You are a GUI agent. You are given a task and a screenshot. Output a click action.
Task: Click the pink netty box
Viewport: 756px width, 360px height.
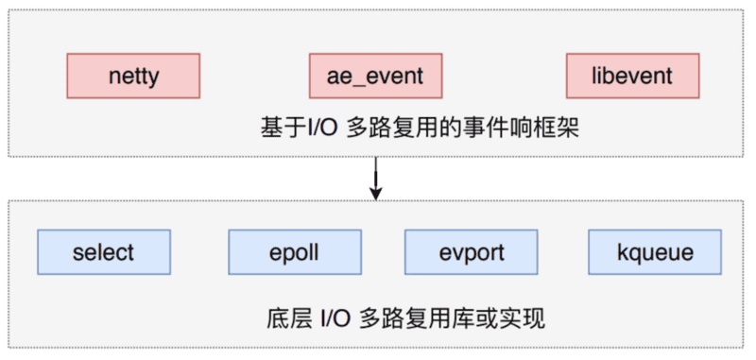pyautogui.click(x=133, y=76)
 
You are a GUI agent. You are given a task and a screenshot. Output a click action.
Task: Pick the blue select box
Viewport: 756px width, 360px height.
pyautogui.click(x=103, y=252)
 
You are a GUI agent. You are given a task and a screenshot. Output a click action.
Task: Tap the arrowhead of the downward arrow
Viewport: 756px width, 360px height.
pyautogui.click(x=376, y=193)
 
